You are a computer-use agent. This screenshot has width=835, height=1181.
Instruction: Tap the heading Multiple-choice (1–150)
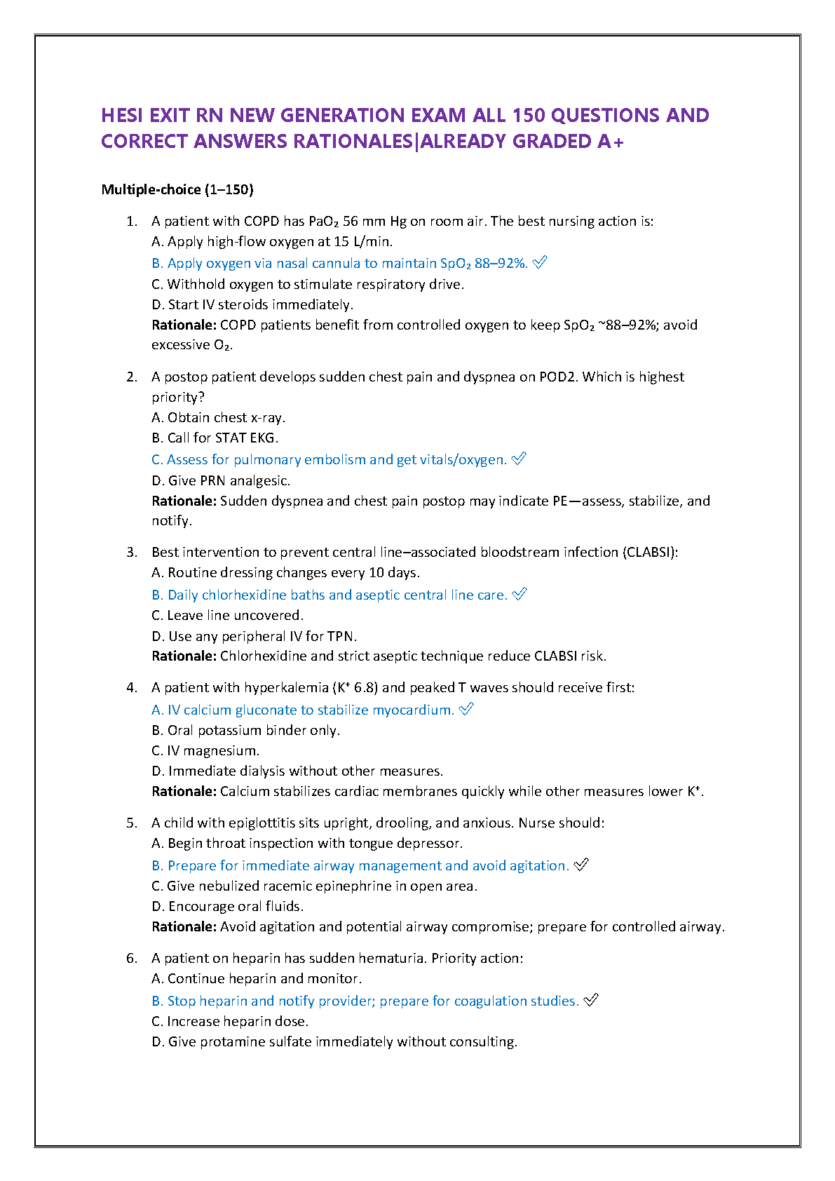coord(177,189)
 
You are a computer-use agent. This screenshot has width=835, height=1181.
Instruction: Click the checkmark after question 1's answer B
coord(540,263)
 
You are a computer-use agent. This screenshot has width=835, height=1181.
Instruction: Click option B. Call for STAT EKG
coord(215,438)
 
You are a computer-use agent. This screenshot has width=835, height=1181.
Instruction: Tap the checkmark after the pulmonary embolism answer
coord(519,459)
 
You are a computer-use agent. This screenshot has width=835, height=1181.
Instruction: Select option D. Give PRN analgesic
coord(220,480)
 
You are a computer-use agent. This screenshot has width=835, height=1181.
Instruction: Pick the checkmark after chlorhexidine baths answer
coord(520,595)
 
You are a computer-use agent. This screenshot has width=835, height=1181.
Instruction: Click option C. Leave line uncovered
coord(227,615)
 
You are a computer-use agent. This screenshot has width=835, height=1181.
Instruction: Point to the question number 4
coord(132,687)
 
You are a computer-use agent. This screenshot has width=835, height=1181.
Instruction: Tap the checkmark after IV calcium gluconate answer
coord(466,710)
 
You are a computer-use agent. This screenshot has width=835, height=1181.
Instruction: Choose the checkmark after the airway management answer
coord(581,865)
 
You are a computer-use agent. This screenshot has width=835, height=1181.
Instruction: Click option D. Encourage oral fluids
coord(227,906)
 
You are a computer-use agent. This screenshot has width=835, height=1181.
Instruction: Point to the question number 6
coord(132,958)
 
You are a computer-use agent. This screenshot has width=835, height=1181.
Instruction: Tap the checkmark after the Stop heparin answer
coord(591,1001)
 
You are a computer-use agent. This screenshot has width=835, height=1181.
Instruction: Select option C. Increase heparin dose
coord(230,1021)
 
